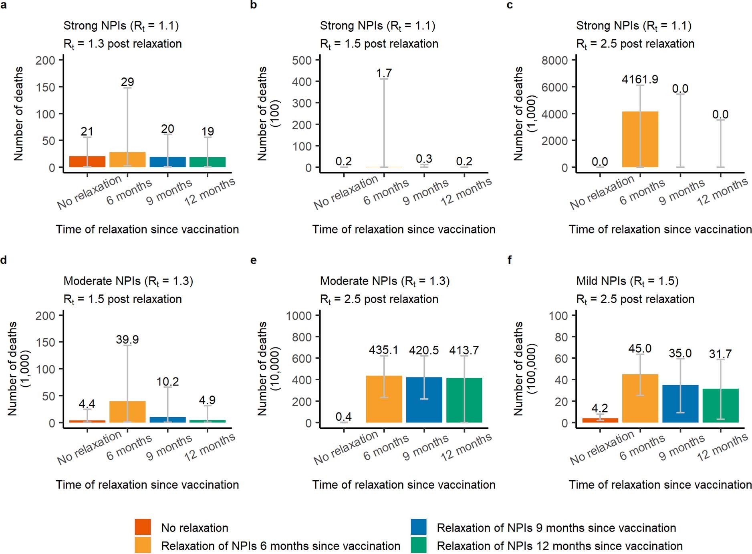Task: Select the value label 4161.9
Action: coord(640,79)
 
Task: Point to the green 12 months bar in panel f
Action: coord(720,405)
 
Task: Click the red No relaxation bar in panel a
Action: coord(87,162)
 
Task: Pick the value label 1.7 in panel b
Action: coord(384,73)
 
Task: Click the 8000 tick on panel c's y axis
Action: coord(554,61)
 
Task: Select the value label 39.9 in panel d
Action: coord(127,339)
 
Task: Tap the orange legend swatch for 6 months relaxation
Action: coord(143,545)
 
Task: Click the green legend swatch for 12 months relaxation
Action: coord(419,545)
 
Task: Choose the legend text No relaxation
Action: coord(194,528)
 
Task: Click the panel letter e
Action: coord(253,260)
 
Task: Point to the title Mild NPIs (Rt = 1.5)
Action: coord(627,281)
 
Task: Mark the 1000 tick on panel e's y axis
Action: coord(298,316)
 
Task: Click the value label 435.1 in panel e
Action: coord(383,350)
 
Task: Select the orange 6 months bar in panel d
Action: coord(127,412)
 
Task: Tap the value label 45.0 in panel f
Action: coord(640,348)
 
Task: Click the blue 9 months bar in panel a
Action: coord(167,162)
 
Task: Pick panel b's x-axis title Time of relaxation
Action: coord(403,229)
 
